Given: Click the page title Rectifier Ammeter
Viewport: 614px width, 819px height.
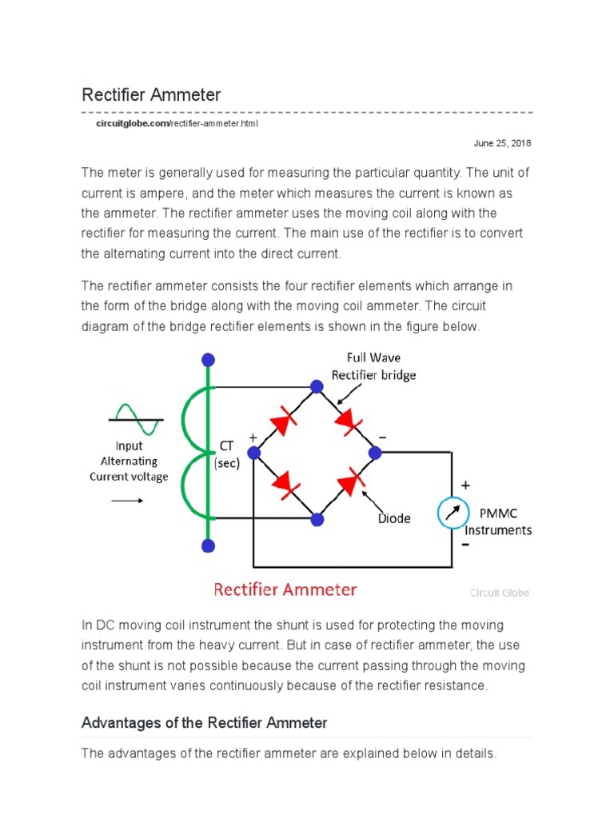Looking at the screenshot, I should [x=151, y=95].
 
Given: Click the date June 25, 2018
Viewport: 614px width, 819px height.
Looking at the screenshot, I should [x=502, y=143].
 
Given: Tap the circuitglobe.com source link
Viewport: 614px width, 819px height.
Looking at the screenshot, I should [x=132, y=125].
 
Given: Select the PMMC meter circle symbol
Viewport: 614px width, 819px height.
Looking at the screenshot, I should [x=453, y=513].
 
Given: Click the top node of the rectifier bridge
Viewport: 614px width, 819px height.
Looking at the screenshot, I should [x=317, y=387].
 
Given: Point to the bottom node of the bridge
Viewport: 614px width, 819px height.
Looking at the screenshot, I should [x=317, y=519].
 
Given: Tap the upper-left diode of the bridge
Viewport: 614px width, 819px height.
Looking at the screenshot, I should [x=285, y=420].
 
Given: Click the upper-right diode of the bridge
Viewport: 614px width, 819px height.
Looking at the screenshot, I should [x=348, y=420].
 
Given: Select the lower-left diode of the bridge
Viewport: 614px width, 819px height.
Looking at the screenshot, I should [x=284, y=485].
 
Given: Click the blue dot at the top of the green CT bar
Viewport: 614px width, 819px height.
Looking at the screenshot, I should [x=209, y=359].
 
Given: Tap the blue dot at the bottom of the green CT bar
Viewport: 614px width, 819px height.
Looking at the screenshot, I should [x=209, y=546].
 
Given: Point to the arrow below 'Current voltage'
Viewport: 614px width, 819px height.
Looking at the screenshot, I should [x=127, y=501].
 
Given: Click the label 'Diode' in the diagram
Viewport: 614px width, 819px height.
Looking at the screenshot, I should [x=394, y=518].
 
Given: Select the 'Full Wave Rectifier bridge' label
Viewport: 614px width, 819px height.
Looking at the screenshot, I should [x=374, y=366].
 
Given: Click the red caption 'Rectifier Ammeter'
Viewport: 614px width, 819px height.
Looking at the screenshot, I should [x=285, y=590].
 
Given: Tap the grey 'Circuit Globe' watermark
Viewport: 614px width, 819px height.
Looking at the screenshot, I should [x=499, y=593].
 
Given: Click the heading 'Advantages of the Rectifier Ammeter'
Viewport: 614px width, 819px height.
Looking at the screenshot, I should [x=205, y=723].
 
